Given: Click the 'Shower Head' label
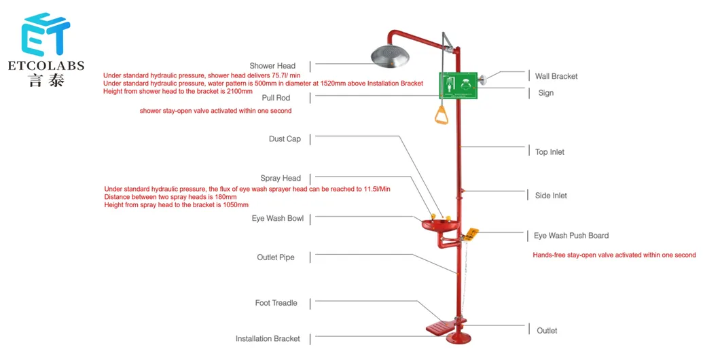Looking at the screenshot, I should [272, 66].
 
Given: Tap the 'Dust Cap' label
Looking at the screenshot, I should [285, 139].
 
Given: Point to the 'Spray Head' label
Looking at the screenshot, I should [281, 179].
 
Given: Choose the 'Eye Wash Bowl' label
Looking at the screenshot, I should [278, 219].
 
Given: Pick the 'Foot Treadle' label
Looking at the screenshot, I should [276, 303].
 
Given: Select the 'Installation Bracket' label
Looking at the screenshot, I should [268, 338].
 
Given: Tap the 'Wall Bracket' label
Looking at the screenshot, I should [556, 77].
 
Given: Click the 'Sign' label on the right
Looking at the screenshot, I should [545, 93].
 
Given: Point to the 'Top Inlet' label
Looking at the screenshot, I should [550, 152].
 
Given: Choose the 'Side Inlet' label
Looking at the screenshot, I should [551, 196].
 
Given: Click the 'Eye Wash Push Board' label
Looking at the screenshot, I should [571, 236].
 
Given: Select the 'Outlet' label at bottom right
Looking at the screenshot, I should [547, 331].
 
